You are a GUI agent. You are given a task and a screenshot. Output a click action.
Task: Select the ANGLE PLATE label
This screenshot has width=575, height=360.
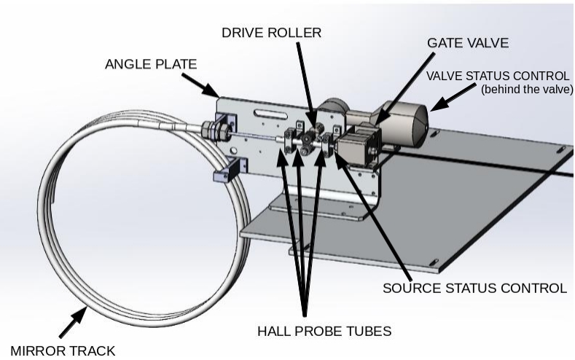tap(151, 64)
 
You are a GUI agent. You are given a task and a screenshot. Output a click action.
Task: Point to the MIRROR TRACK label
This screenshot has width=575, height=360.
tap(63, 351)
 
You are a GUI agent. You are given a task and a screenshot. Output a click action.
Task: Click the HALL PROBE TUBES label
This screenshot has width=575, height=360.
tap(324, 331)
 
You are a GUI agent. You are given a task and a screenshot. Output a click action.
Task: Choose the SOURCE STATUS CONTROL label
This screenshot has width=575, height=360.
tap(474, 288)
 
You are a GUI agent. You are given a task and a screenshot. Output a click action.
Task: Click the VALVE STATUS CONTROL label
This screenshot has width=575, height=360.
tap(498, 76)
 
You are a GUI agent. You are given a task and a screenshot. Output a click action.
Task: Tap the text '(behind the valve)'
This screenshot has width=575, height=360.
tap(527, 89)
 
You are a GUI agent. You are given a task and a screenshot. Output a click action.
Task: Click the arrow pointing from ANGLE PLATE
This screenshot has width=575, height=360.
tap(207, 88)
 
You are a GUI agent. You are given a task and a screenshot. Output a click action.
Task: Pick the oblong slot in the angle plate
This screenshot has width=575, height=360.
tap(267, 113)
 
